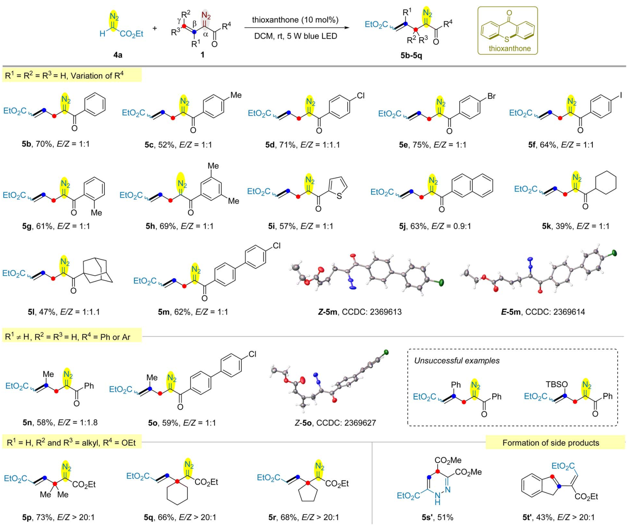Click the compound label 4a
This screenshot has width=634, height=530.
118,55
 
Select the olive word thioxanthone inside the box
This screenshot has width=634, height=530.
509,48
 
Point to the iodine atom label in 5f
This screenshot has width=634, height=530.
620,96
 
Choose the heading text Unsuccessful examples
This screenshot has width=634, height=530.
457,360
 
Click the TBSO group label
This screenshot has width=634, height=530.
556,384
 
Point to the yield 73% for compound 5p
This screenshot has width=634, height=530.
45,517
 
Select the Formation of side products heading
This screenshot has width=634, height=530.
550,443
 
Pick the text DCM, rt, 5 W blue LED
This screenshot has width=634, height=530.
296,36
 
